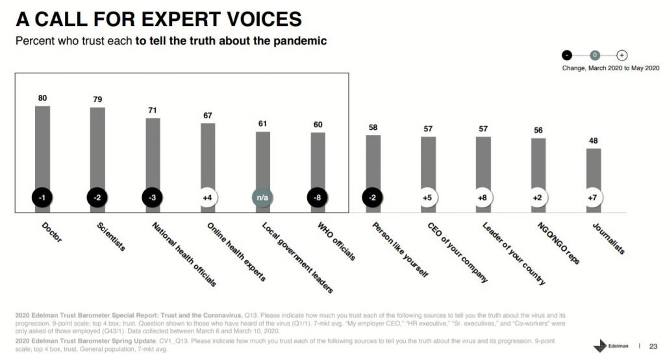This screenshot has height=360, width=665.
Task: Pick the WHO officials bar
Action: point(318,160)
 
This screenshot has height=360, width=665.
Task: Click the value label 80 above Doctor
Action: point(42,98)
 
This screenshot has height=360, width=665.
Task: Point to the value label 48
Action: point(594,140)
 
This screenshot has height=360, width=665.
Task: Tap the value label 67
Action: point(208,115)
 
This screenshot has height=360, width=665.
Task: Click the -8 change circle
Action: point(318,198)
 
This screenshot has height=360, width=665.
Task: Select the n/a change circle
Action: point(263,198)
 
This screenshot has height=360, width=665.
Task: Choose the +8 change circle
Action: point(483,198)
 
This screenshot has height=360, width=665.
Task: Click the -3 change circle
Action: point(153,198)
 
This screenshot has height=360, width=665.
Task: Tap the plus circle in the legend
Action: point(621,55)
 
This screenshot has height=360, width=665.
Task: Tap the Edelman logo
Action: point(610,345)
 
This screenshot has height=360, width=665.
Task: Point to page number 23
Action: point(653,345)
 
